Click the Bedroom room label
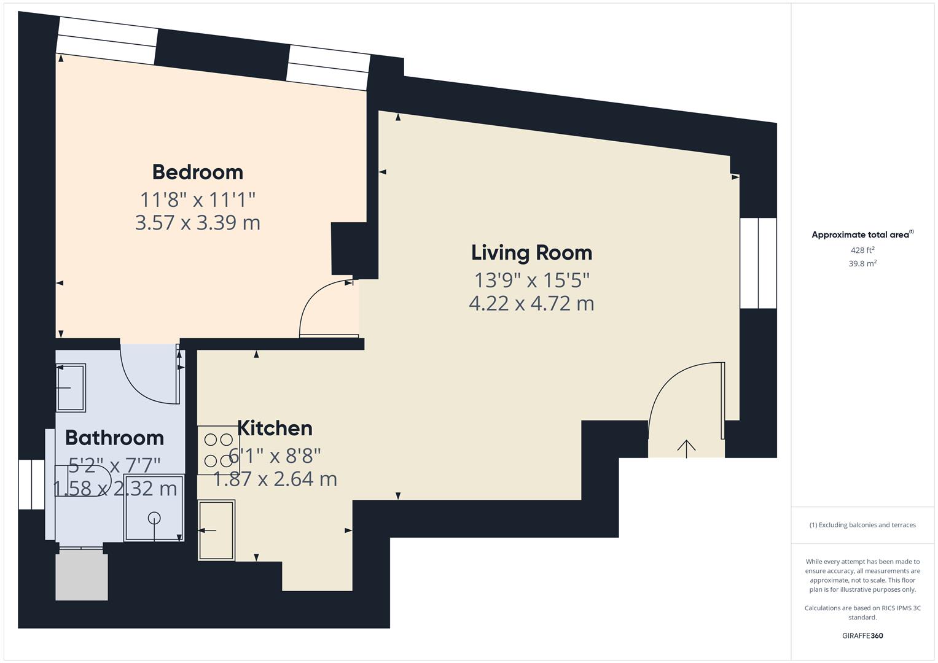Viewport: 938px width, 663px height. (197, 172)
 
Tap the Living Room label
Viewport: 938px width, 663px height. (531, 252)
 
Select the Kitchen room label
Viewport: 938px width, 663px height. (275, 428)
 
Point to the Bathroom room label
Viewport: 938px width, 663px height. (114, 438)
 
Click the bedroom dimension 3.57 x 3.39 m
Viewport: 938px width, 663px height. (197, 222)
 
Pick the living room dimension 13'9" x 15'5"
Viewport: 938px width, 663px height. (531, 280)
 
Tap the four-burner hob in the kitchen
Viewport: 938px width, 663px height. (218, 450)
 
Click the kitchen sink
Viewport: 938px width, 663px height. (216, 530)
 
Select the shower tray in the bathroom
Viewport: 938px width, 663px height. (154, 508)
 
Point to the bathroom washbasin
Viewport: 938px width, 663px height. (71, 387)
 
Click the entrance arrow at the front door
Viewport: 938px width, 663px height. (686, 448)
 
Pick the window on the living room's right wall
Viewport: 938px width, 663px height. (758, 263)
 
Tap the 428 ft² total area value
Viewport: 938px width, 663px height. (862, 250)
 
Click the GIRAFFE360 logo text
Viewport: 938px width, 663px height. (862, 635)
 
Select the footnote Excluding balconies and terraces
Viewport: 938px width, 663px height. (862, 525)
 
